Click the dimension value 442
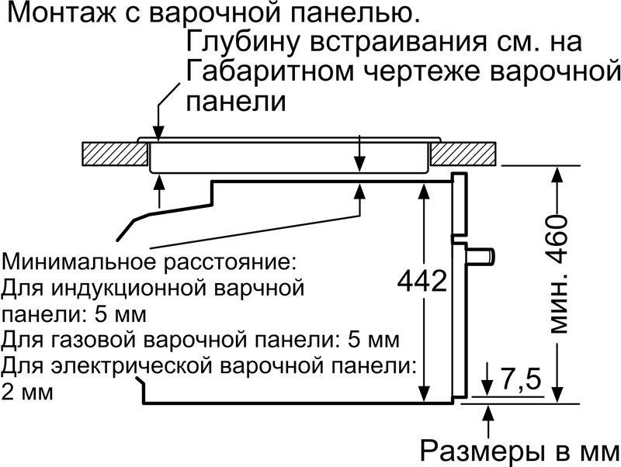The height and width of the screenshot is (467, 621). (422, 282)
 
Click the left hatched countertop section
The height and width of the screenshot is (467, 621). (114, 154)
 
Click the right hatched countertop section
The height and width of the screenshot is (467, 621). (463, 154)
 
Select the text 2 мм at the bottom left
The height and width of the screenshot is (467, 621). (27, 393)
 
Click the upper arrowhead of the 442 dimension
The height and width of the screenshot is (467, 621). (424, 192)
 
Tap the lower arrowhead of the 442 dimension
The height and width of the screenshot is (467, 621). (424, 393)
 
